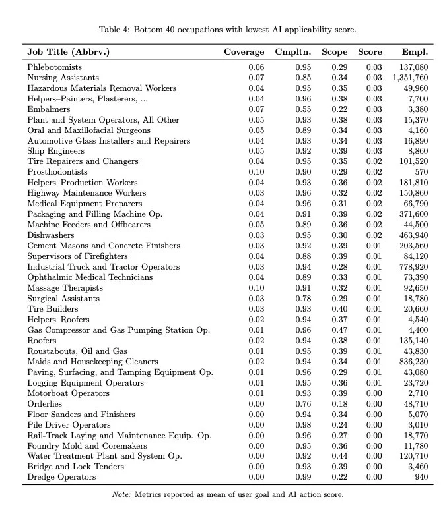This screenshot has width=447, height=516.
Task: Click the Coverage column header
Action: coord(244,52)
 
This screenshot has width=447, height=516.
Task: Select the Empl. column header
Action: coord(415,52)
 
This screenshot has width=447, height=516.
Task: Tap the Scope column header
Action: coord(335,52)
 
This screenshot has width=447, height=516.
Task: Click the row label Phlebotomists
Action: coord(55,67)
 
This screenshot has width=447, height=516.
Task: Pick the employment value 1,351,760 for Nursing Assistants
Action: coord(410,78)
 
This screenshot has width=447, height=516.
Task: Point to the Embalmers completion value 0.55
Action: coord(304,109)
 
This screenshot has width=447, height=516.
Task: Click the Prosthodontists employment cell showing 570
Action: coord(421,172)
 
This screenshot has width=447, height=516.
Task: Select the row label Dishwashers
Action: coord(51,235)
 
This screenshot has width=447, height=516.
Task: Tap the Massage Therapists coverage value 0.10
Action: coord(256,288)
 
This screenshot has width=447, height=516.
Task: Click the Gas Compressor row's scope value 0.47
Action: coord(339,330)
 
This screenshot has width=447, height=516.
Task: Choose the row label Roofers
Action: coord(42,341)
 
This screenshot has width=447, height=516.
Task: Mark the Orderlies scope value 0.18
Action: coord(339,404)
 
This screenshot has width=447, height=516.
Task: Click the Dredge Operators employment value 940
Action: coord(421,477)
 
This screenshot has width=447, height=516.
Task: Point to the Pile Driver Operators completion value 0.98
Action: coord(304,425)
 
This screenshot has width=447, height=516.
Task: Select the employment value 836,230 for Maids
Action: coord(414,362)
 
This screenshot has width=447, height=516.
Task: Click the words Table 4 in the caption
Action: coord(114,30)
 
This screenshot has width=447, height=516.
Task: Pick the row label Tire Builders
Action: coord(52,309)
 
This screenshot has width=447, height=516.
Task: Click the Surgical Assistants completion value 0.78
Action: coord(304,299)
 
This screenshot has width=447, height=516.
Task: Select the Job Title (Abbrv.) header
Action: coord(68,52)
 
